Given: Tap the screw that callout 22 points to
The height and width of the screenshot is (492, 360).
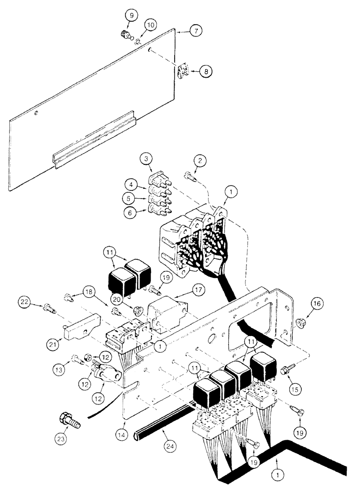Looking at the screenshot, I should pos(48,307).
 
